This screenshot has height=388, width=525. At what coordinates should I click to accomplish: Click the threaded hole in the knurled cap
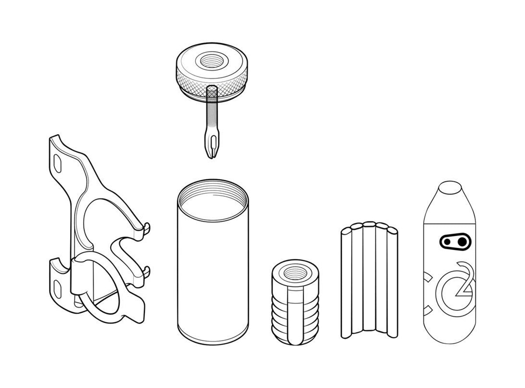point(212,61)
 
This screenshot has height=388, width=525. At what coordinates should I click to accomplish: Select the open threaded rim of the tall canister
point(212,200)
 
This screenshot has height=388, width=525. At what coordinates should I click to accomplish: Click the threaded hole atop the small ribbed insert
point(295,273)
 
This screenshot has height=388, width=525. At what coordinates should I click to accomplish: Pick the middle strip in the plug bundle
point(369,276)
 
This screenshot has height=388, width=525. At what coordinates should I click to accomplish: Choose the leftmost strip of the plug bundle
point(346,283)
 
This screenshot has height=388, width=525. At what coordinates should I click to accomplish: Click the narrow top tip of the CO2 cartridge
point(450,188)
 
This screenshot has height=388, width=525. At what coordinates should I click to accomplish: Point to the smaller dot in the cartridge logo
point(447,242)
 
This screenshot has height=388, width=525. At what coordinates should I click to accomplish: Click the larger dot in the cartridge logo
point(462,242)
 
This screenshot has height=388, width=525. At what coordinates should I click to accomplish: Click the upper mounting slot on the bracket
point(57,164)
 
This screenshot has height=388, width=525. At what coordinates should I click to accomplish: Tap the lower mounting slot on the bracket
point(57,289)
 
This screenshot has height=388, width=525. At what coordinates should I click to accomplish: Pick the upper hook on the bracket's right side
point(146,228)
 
